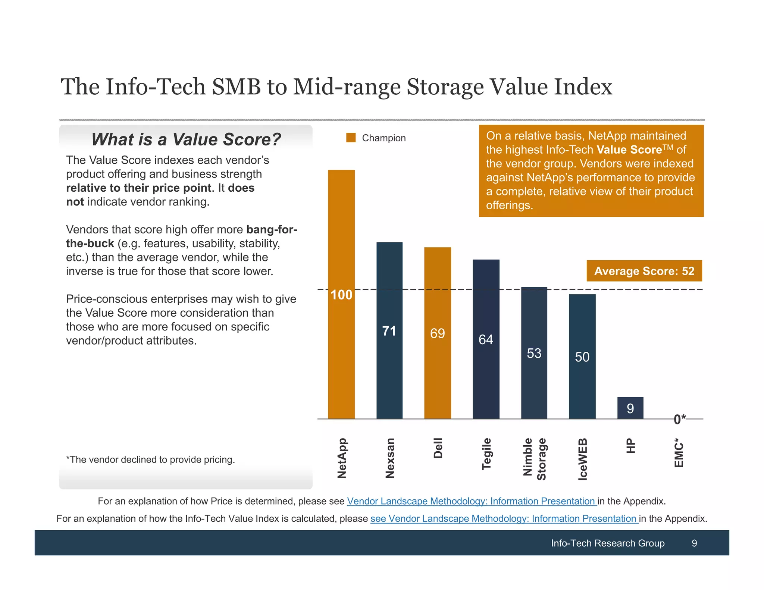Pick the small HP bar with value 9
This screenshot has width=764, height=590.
point(630,408)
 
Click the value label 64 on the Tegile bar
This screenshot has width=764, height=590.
point(486,339)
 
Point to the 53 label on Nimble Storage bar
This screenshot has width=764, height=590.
point(534,353)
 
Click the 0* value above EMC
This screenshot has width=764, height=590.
point(679,419)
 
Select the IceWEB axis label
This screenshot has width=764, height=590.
point(582,459)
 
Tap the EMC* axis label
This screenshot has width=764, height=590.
point(679,453)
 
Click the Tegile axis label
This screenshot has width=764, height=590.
point(486,454)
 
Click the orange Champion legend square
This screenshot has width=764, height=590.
point(351,138)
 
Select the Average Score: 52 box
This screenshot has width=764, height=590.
point(644,271)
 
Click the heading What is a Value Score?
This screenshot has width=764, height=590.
point(186,139)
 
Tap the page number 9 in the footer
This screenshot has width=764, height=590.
point(694,543)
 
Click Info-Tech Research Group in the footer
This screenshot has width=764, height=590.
point(607,543)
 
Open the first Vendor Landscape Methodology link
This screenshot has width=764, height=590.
point(472,501)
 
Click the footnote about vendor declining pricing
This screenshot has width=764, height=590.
point(150,459)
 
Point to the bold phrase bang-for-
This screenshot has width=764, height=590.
point(272,229)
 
